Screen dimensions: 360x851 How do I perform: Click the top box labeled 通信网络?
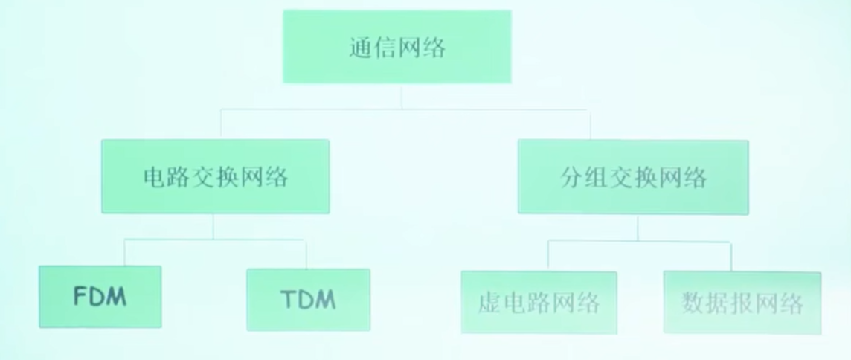pyautogui.click(x=396, y=47)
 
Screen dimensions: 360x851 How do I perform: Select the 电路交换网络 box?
pyautogui.click(x=215, y=177)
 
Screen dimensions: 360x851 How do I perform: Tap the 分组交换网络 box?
pyautogui.click(x=632, y=177)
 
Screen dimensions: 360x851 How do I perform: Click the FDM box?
pyautogui.click(x=100, y=297)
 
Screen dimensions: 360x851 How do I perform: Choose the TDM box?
pyautogui.click(x=308, y=300)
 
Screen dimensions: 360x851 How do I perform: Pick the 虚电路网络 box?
pyautogui.click(x=539, y=302)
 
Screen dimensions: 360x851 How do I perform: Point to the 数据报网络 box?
pyautogui.click(x=742, y=303)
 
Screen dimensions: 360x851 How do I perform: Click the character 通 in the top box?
pyautogui.click(x=360, y=48)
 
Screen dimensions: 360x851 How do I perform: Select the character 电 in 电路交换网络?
pyautogui.click(x=152, y=178)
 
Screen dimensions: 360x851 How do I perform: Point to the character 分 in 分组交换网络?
pyautogui.click(x=571, y=178)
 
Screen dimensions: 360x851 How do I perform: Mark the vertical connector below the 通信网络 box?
pyautogui.click(x=402, y=96)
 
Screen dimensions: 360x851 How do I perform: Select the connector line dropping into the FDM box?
pyautogui.click(x=124, y=253)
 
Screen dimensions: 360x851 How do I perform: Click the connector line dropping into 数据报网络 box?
pyautogui.click(x=730, y=257)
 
